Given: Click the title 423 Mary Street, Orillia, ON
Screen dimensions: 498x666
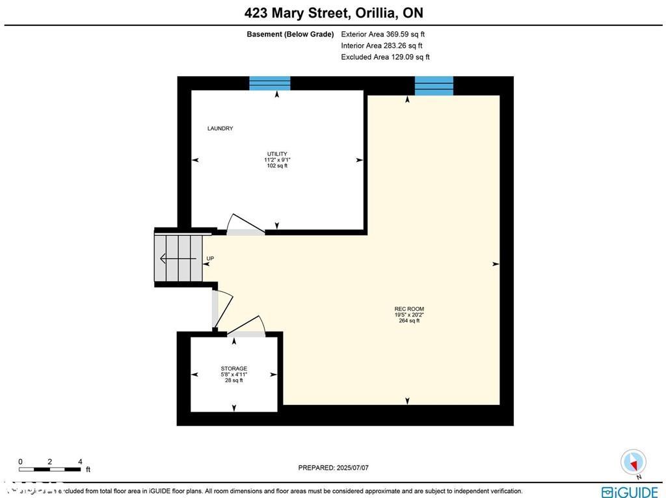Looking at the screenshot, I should [x=333, y=13].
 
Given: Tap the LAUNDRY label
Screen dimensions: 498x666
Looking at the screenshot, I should [x=220, y=129].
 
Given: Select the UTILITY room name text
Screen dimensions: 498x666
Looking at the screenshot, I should [x=276, y=154].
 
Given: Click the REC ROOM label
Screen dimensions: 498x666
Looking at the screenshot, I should [x=408, y=309].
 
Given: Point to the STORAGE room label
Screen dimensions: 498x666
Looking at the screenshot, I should [x=233, y=369].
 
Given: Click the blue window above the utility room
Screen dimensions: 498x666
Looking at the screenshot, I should [x=270, y=83].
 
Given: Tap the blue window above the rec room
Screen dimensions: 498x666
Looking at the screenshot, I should [x=434, y=86].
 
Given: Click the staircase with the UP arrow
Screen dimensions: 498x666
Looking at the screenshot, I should [x=178, y=258].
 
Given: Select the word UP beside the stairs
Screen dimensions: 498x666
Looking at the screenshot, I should [x=210, y=259].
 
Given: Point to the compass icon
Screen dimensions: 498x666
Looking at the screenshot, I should [x=633, y=462].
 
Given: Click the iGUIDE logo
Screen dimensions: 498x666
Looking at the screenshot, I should [x=630, y=491].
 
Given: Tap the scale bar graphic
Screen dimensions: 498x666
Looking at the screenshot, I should [x=50, y=469].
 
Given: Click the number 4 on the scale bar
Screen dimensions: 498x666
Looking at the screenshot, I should [x=80, y=461].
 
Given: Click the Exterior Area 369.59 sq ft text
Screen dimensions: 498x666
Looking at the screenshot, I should [x=383, y=34].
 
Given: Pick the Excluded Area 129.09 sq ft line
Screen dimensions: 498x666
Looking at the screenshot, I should [x=385, y=57].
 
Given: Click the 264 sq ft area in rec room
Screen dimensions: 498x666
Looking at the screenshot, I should [x=408, y=321].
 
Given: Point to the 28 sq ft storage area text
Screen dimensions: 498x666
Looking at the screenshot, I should [x=233, y=380].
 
